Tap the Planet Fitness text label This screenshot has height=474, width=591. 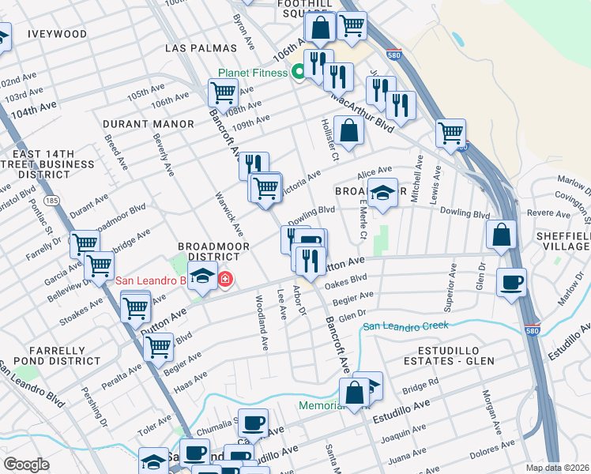click(253, 73)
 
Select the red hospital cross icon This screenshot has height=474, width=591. click(225, 279)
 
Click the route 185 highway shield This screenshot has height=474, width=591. click(53, 201)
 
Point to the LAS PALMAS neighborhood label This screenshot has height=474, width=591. click(197, 48)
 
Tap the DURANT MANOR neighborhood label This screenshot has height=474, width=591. click(149, 124)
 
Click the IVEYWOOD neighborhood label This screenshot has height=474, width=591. click(57, 34)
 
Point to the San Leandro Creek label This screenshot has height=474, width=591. click(405, 325)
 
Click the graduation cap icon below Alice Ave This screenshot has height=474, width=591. click(382, 194)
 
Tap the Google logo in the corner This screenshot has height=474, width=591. click(27, 465)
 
